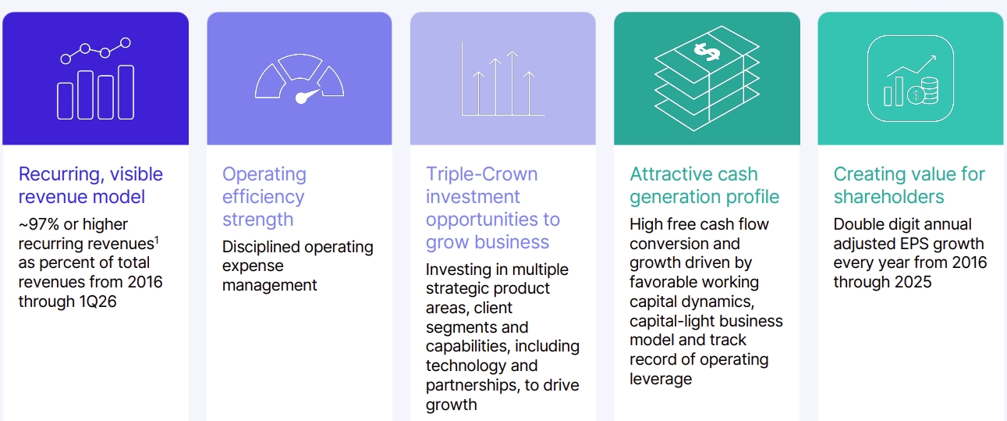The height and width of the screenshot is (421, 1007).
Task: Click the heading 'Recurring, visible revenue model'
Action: pos(90,185)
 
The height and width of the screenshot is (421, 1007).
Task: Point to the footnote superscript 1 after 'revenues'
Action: pos(157,240)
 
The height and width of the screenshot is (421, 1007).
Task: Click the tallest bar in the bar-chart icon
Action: pos(126,92)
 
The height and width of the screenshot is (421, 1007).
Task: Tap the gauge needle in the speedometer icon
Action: pos(307,96)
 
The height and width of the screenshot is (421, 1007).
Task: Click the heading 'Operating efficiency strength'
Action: pos(264,196)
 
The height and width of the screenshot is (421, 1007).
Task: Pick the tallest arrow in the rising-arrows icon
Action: pos(512,83)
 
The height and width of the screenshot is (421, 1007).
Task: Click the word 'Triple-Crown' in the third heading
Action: pos(481,174)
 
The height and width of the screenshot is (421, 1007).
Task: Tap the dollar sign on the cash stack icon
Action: pos(707,52)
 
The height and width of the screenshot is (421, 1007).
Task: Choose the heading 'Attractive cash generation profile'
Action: pos(704,185)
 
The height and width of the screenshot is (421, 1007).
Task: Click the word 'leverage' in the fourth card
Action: pos(661,379)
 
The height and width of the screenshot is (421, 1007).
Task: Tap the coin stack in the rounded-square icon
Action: pos(929,90)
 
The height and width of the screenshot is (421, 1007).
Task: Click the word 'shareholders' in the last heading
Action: pos(888,197)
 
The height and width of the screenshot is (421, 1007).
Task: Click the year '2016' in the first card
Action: pos(145,282)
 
